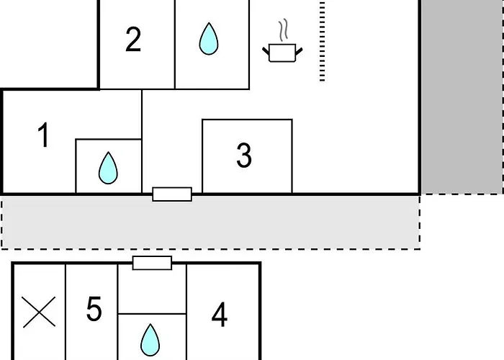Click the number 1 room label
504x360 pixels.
[44, 135]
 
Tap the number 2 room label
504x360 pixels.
[133, 39]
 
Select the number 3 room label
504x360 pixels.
[244, 156]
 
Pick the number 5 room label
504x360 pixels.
[94, 309]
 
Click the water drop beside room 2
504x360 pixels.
[209, 39]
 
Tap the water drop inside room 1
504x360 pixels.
[108, 168]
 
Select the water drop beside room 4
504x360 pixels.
[150, 340]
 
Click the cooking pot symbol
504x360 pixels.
[282, 53]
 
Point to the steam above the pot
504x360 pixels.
[283, 30]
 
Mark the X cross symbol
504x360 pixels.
[39, 312]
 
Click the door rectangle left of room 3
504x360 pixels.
[172, 194]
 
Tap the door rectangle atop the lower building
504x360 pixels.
[153, 263]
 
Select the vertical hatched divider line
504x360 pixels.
[322, 41]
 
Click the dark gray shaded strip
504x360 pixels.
[462, 96]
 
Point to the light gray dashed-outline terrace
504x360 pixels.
[210, 222]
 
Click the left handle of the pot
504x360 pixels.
[266, 51]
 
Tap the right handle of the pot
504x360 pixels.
[299, 51]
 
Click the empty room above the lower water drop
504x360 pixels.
[152, 288]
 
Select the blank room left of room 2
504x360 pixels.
[49, 44]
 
